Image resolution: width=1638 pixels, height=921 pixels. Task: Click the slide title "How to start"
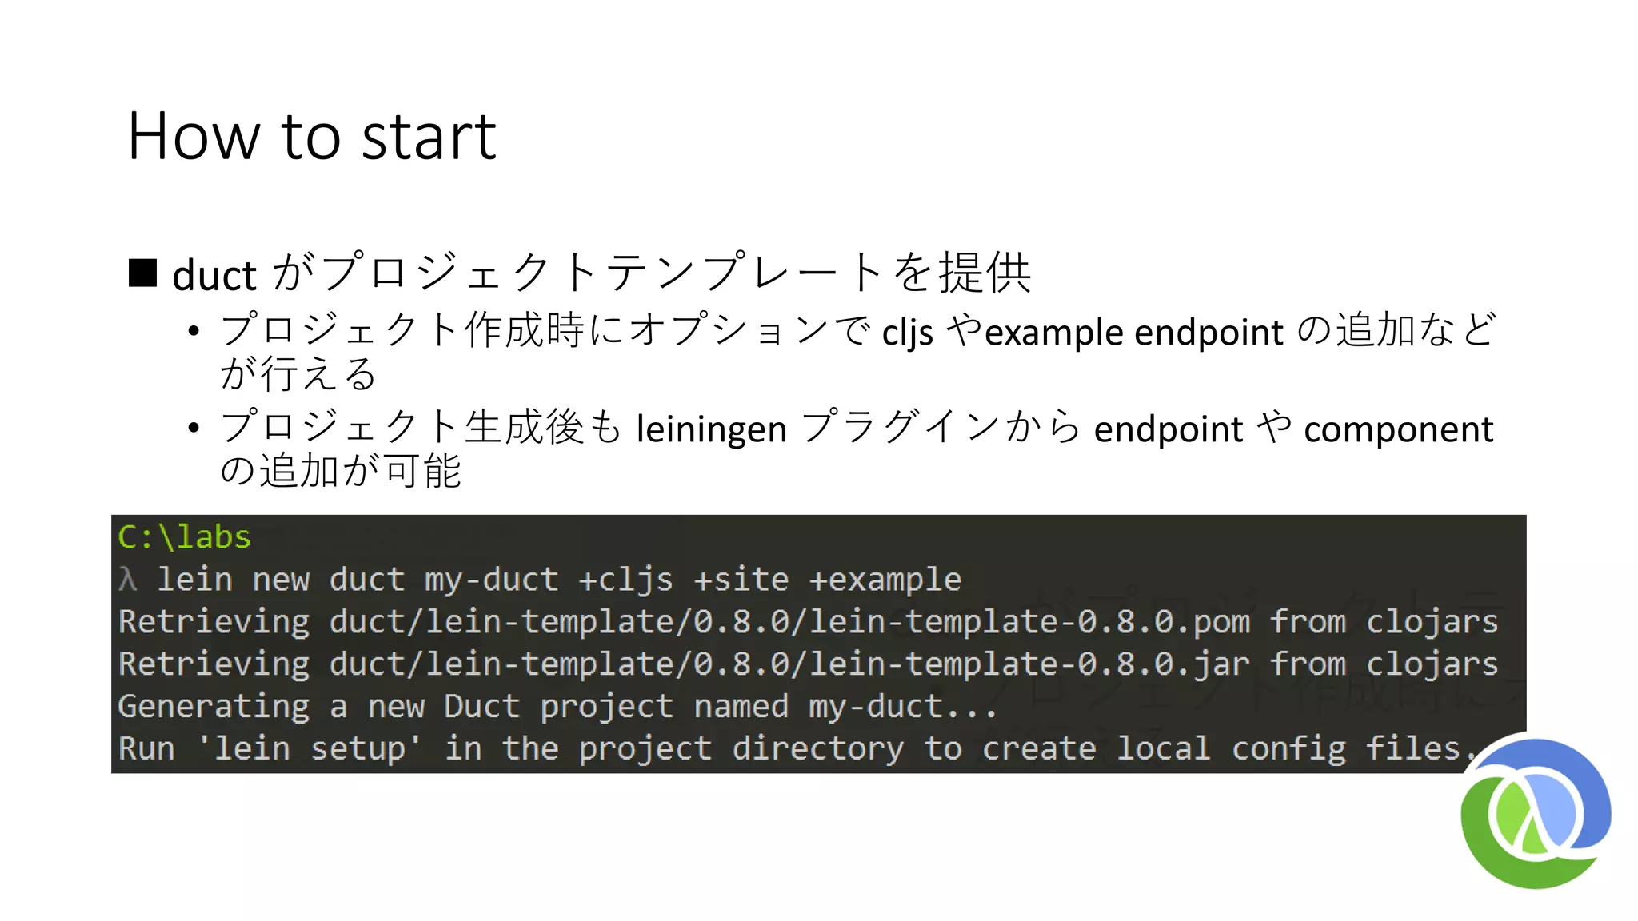pos(312,136)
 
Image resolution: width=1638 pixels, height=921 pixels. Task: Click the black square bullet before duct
pos(143,273)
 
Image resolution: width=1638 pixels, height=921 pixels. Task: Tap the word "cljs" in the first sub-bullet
pos(908,333)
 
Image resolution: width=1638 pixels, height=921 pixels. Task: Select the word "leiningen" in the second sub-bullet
pos(712,429)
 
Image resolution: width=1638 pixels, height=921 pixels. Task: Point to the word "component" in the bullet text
pos(1398,429)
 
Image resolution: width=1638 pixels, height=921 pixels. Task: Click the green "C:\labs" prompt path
pos(184,537)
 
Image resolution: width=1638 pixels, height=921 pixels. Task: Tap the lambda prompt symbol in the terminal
pos(127,580)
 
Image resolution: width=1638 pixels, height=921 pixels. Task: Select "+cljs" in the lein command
pos(625,580)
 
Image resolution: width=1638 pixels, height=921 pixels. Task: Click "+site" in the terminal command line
pos(741,580)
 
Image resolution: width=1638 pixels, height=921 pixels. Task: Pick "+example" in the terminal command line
pos(885,580)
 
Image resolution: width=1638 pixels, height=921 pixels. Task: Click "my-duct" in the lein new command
pos(491,580)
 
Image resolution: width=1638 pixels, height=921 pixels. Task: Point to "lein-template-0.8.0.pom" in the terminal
pos(1030,622)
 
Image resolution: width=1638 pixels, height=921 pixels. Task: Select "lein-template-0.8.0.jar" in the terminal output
pos(1030,664)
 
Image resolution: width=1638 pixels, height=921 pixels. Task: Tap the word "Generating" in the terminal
pos(214,707)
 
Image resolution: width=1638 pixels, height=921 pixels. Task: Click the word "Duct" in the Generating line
pos(481,707)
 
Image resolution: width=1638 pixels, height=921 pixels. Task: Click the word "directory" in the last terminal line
pos(817,749)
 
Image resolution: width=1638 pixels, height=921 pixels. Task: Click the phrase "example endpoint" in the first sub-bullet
pos(1134,333)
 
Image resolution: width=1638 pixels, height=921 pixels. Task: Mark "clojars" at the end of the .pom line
pos(1432,622)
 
